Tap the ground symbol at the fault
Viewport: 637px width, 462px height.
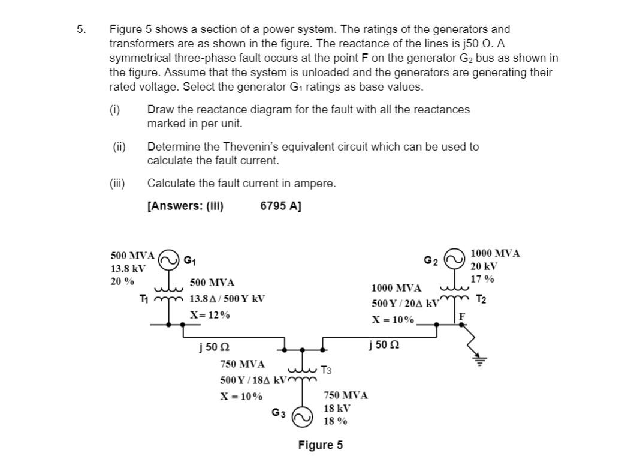click(479, 361)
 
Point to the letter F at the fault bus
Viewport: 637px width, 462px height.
click(461, 316)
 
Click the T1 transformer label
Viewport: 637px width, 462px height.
click(144, 298)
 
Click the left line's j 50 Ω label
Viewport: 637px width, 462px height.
click(214, 347)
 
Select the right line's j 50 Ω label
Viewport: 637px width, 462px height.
click(385, 346)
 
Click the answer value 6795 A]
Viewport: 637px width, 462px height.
click(281, 206)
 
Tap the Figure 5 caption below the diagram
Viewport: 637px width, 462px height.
click(321, 445)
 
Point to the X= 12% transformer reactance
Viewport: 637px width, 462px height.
click(210, 314)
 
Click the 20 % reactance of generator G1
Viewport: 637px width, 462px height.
click(123, 281)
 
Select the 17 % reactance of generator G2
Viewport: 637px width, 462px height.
click(482, 278)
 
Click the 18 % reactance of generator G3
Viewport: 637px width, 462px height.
click(335, 421)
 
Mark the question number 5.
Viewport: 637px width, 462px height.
click(81, 29)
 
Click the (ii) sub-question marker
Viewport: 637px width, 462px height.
click(119, 146)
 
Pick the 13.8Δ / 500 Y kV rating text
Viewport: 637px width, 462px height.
click(227, 299)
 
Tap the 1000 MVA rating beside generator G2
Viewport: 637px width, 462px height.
click(495, 253)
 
